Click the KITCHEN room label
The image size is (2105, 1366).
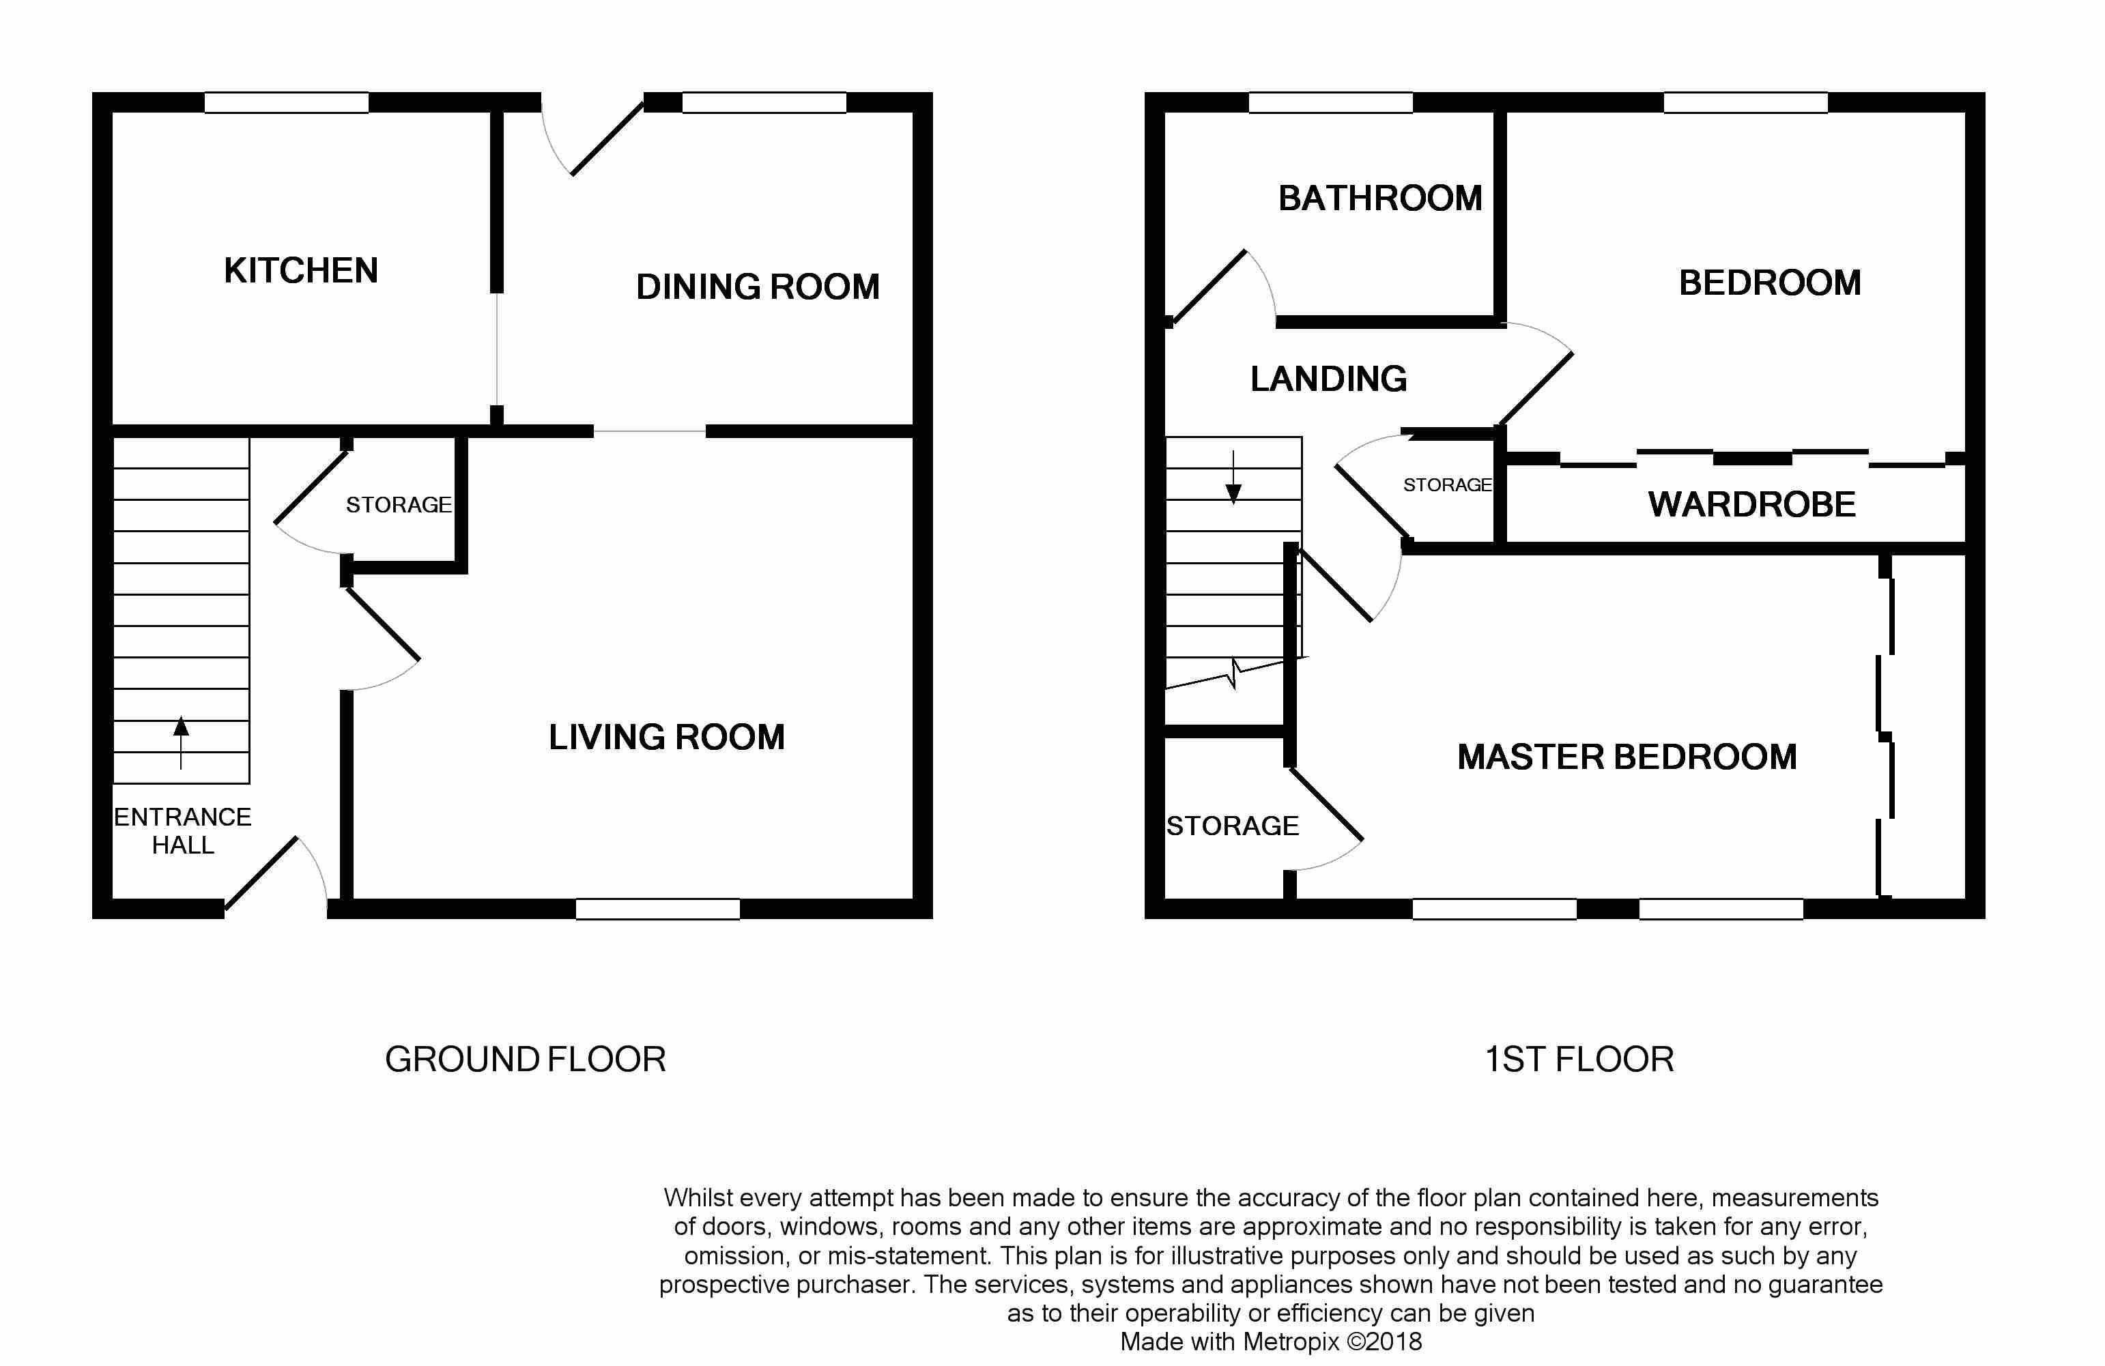[x=301, y=271]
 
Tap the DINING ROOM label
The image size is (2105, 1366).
[x=758, y=287]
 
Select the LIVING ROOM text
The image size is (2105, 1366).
[x=667, y=738]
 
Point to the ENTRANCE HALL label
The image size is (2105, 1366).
[x=182, y=831]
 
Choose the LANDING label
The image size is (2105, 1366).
[x=1328, y=379]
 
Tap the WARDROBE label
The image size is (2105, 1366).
[x=1752, y=505]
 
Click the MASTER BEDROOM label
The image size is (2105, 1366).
[x=1627, y=757]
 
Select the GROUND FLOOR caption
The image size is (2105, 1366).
[x=526, y=1059]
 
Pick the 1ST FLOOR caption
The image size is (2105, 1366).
[x=1579, y=1059]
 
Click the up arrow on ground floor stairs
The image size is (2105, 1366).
[x=182, y=742]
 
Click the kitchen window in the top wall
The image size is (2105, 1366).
[x=287, y=102]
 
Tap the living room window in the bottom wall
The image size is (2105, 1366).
[x=658, y=909]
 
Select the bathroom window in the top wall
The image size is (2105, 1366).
[x=1330, y=102]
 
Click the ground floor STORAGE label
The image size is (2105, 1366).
[x=399, y=505]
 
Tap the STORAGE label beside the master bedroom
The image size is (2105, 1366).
[x=1233, y=826]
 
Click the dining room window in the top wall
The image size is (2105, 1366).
[x=764, y=102]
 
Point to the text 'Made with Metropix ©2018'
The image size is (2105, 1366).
[x=1271, y=1341]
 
